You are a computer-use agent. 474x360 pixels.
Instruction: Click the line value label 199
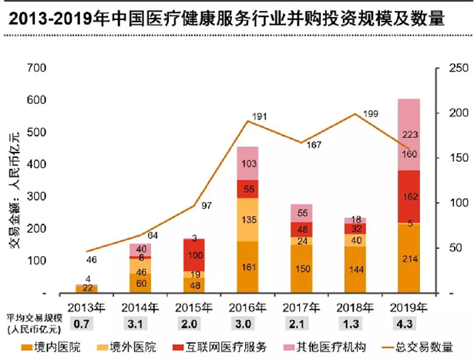pyautogui.click(x=370, y=115)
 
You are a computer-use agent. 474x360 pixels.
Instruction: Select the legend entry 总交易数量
pyautogui.click(x=431, y=347)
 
